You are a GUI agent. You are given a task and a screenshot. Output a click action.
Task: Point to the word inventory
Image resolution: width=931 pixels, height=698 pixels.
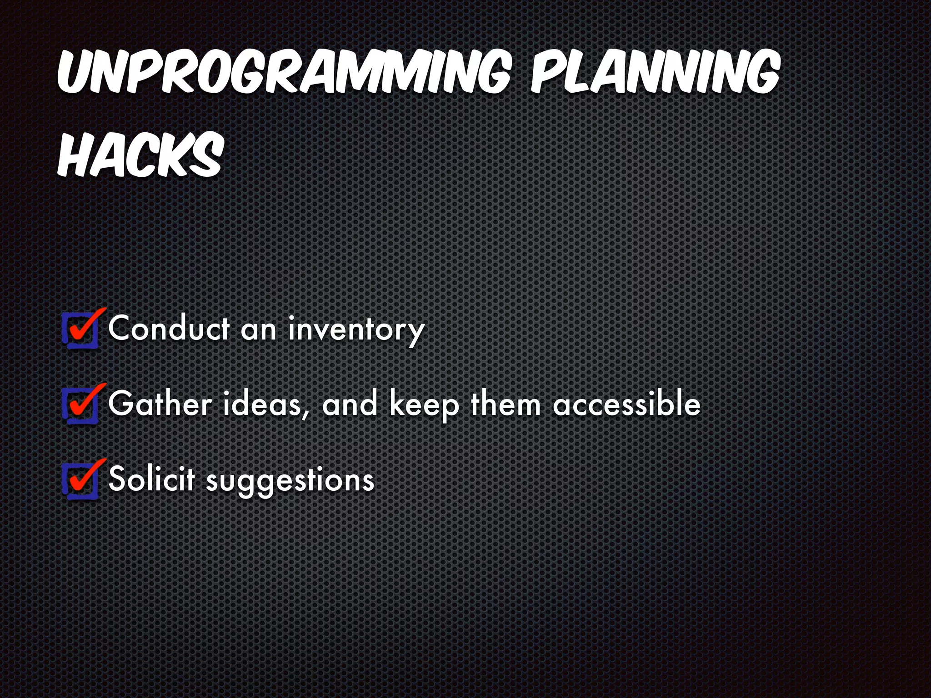pyautogui.click(x=356, y=330)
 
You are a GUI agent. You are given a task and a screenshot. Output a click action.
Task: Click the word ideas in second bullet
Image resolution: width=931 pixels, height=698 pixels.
pyautogui.click(x=262, y=404)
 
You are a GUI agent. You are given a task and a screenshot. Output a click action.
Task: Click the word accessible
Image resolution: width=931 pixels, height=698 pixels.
pyautogui.click(x=626, y=404)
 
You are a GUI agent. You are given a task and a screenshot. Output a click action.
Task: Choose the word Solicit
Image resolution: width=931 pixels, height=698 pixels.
pyautogui.click(x=152, y=479)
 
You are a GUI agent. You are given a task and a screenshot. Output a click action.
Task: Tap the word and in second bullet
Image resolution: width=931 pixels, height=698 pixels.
pyautogui.click(x=349, y=404)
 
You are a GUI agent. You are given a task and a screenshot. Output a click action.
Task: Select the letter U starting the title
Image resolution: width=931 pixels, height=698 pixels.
pyautogui.click(x=75, y=75)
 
